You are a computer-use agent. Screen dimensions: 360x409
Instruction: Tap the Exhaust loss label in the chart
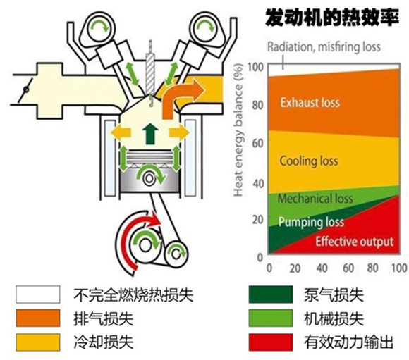(x=310, y=102)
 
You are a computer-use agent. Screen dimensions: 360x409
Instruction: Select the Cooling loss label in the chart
(x=309, y=161)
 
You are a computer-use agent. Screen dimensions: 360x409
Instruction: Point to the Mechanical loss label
(x=315, y=199)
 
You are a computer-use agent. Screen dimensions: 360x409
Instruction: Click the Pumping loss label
(x=311, y=222)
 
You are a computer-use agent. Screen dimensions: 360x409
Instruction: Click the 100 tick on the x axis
(x=399, y=269)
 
